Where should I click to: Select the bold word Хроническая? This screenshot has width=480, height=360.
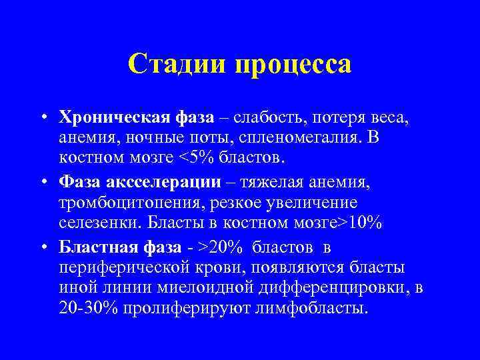pyautogui.click(x=115, y=118)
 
